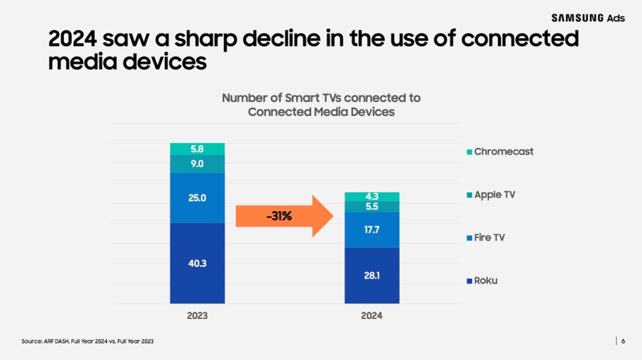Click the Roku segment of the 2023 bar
click(x=197, y=263)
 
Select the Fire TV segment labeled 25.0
click(x=197, y=198)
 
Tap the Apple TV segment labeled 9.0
click(x=197, y=164)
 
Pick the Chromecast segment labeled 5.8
click(x=197, y=149)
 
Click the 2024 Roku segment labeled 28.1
click(x=372, y=275)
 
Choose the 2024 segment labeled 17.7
click(x=372, y=230)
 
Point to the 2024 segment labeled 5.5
click(x=372, y=207)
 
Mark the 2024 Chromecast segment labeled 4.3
click(x=372, y=196)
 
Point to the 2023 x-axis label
click(x=197, y=316)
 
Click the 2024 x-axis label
click(x=372, y=316)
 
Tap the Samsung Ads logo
click(x=587, y=17)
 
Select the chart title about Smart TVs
click(x=321, y=105)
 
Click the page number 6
click(x=623, y=341)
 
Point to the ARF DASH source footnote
click(x=88, y=341)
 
